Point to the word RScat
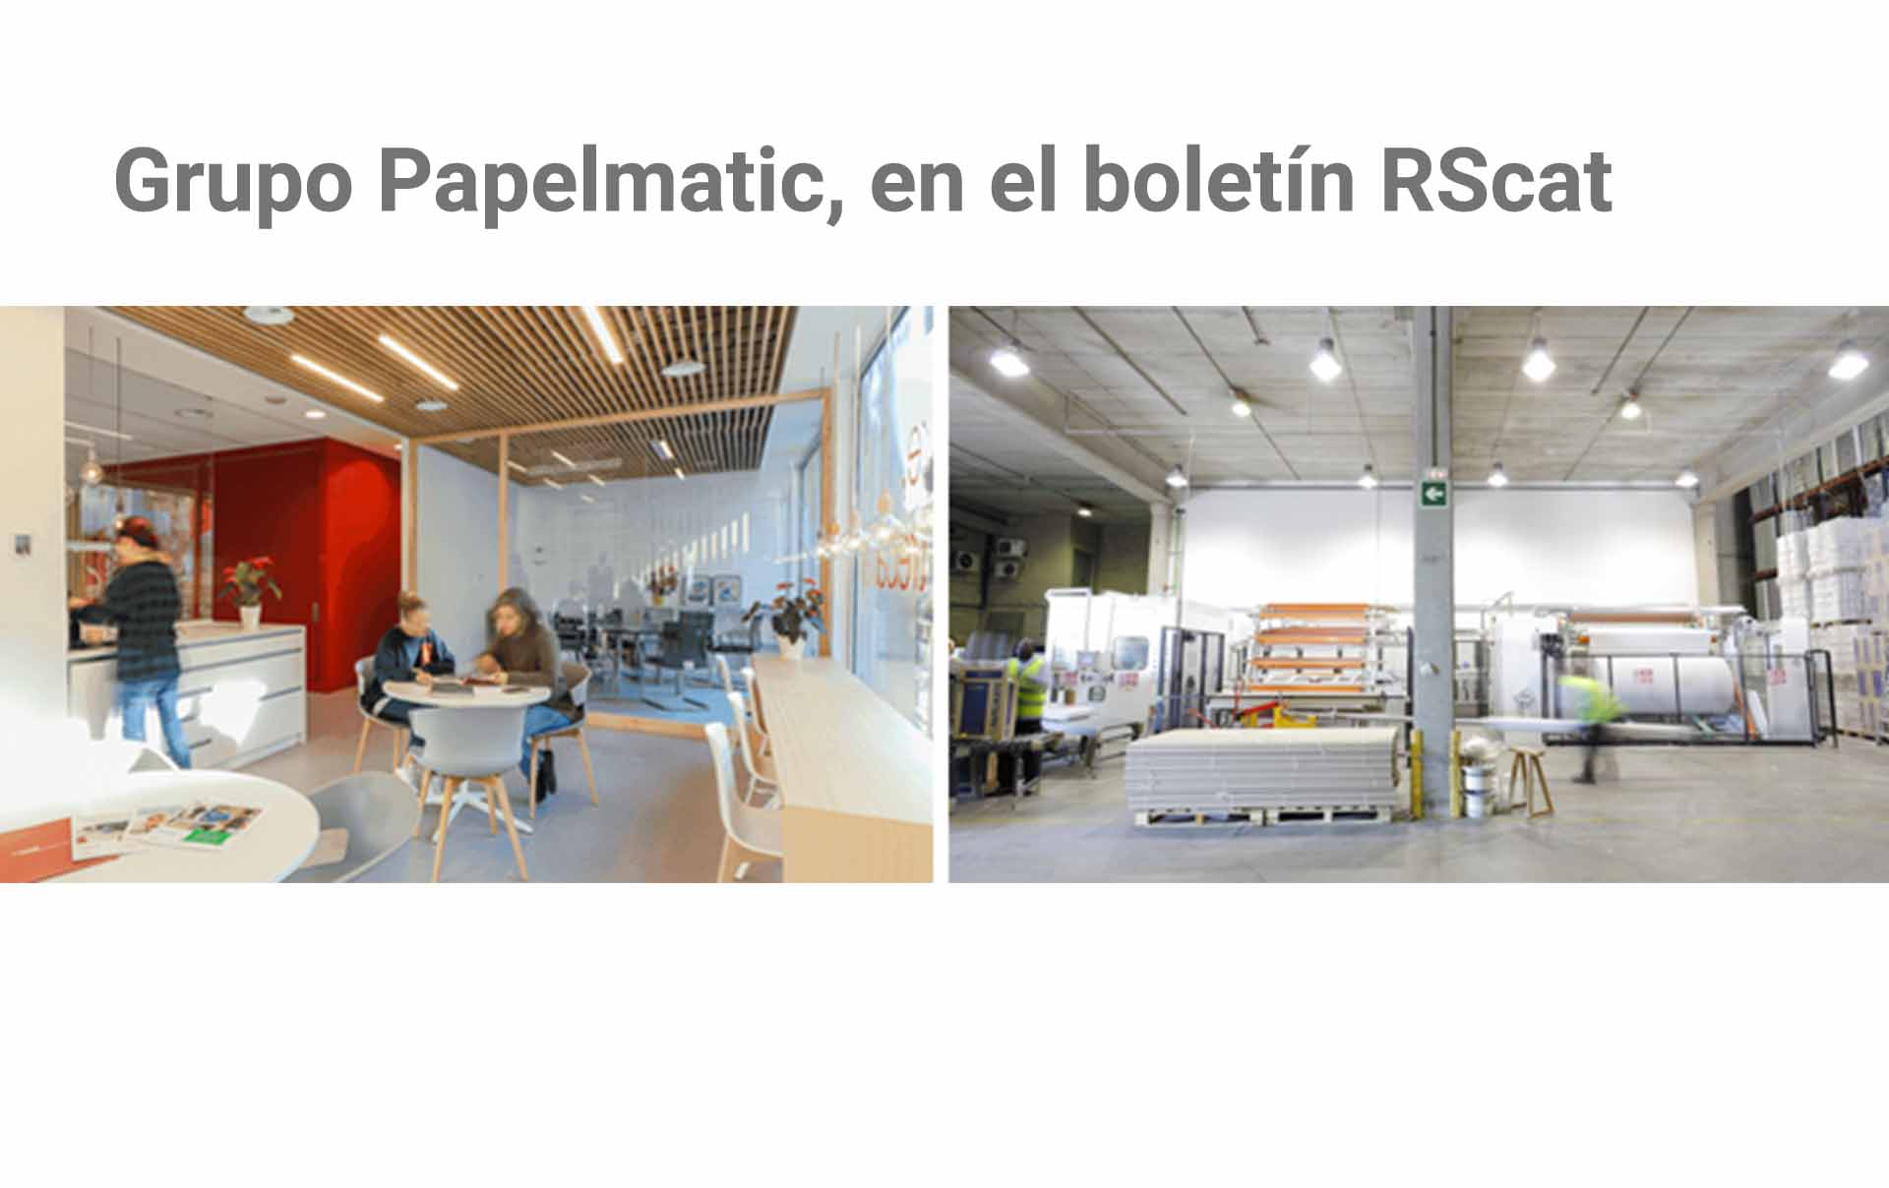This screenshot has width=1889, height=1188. (x=1496, y=181)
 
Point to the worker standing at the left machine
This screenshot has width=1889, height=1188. (x=1027, y=688)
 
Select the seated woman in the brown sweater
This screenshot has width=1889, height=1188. (x=524, y=669)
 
